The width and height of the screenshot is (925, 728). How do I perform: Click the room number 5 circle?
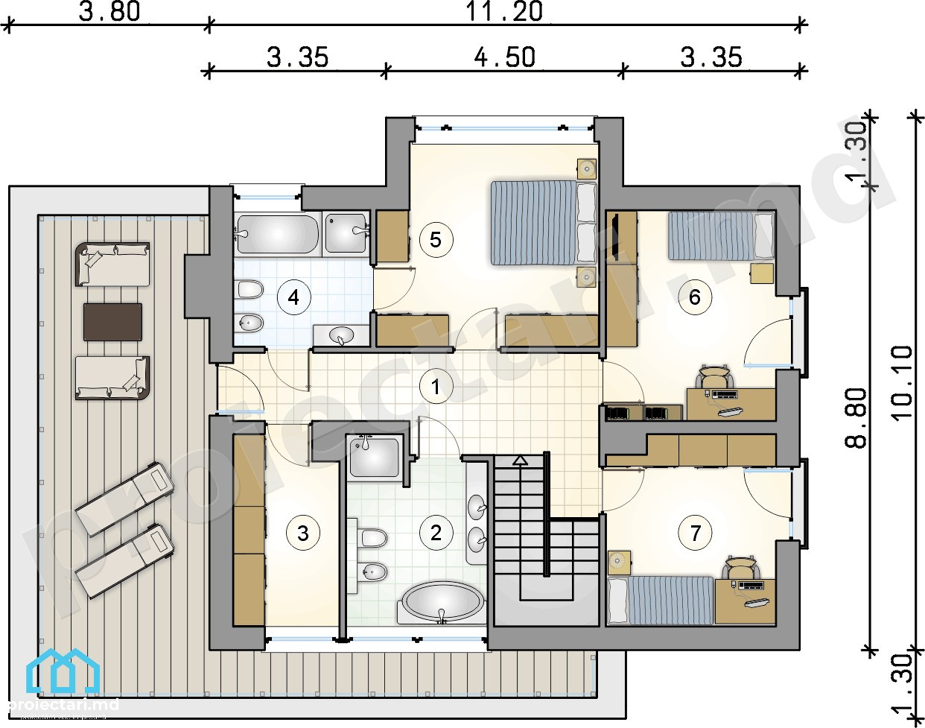[436, 239]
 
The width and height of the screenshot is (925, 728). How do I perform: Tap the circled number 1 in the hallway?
[436, 387]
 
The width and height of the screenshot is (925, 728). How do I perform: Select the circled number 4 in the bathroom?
[293, 297]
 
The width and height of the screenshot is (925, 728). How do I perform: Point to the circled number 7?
[695, 534]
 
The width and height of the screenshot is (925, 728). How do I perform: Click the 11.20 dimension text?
[504, 12]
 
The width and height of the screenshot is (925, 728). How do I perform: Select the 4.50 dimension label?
[505, 57]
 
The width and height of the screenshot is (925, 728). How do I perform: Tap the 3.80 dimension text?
[109, 12]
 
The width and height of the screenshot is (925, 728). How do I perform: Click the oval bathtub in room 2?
[442, 603]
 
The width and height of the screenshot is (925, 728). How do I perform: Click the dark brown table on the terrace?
[112, 323]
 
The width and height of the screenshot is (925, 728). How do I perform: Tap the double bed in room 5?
[544, 223]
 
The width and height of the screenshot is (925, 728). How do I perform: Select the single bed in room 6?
[721, 235]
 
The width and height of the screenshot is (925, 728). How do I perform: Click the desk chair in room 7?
[740, 567]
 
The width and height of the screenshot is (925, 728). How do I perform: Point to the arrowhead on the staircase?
[520, 460]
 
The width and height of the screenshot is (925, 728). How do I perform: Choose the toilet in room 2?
[372, 538]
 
